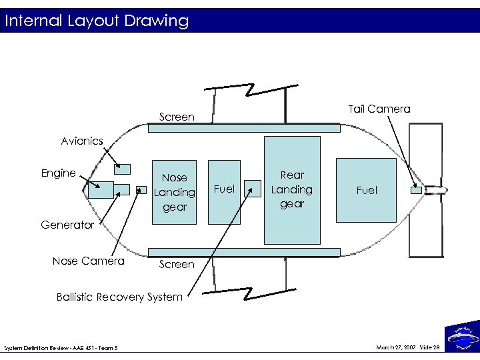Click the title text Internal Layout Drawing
(96, 21)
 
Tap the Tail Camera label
(379, 109)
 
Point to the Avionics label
(82, 141)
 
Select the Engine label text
(59, 173)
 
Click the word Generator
(67, 225)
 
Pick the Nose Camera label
(88, 261)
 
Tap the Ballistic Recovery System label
(119, 297)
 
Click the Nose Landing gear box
(175, 192)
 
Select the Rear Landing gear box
(292, 190)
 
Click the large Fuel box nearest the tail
(366, 190)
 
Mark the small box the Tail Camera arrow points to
(417, 191)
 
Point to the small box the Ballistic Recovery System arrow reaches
(253, 189)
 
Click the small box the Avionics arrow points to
(123, 167)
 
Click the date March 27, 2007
(397, 347)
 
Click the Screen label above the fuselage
(177, 117)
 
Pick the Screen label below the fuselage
(177, 265)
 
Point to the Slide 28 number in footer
(430, 347)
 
